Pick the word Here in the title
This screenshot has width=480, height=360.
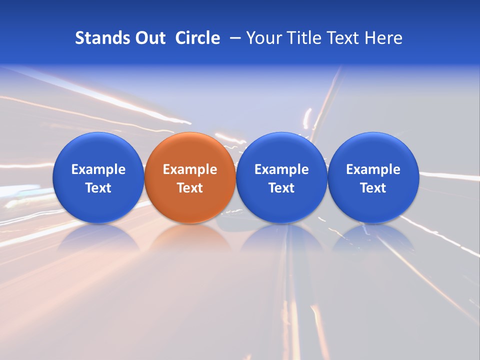[x=383, y=38]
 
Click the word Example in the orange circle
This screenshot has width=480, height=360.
[x=190, y=169]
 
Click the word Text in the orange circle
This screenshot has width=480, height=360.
[x=190, y=188]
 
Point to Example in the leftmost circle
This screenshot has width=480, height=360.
[x=98, y=169]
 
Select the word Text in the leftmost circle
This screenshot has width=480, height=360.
[x=98, y=188]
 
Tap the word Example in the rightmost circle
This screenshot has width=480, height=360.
[x=373, y=169]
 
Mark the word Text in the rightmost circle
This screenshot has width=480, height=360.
[x=373, y=188]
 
